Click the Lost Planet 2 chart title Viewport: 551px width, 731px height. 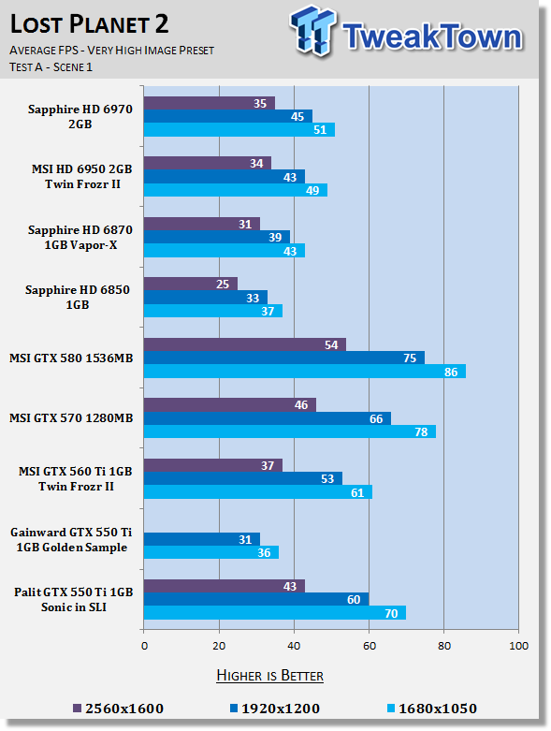(89, 24)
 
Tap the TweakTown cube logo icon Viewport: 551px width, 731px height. (313, 31)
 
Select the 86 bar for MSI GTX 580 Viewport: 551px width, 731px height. (305, 372)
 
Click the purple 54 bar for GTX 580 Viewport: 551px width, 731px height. (244, 344)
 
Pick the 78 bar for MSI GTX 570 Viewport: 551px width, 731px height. (290, 431)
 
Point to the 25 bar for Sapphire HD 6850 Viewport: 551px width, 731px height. (191, 284)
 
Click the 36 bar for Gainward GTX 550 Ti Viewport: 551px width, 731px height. (211, 552)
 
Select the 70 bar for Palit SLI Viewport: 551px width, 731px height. (275, 612)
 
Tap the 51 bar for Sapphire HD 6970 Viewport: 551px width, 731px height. (239, 129)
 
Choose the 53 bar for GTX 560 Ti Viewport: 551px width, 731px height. (243, 478)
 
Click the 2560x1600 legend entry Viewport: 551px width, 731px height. (118, 709)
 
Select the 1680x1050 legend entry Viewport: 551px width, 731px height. (432, 709)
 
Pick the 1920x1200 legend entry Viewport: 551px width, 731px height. (275, 709)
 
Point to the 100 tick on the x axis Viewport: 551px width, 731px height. (519, 646)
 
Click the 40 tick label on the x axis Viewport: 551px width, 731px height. (294, 646)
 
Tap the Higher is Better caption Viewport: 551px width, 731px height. (269, 676)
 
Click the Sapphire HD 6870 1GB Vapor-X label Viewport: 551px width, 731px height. (80, 238)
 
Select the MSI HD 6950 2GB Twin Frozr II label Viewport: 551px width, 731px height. (82, 176)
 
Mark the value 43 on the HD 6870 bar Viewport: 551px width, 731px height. (290, 251)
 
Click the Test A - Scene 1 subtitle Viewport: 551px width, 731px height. (51, 67)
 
